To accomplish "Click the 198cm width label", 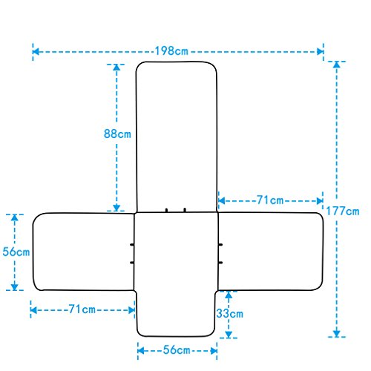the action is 171,51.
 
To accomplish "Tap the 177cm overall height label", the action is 343,211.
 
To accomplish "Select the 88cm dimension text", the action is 117,134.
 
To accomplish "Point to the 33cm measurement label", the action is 230,314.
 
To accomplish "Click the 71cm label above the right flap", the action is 270,200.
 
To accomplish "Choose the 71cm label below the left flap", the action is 82,309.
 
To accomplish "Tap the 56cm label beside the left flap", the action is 16,252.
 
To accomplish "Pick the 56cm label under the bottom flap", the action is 177,350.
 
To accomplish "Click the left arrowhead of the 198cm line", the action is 36,52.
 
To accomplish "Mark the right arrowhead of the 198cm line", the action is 321,52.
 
